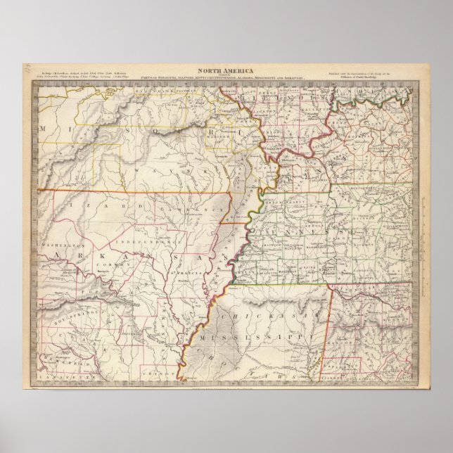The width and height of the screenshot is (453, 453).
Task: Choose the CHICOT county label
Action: click(x=171, y=371)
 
